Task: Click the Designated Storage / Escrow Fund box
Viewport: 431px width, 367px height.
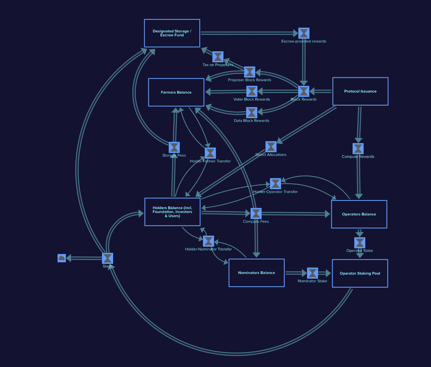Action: click(x=172, y=33)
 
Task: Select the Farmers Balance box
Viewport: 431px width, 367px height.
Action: click(x=176, y=92)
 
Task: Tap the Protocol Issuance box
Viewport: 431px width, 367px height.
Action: click(x=360, y=91)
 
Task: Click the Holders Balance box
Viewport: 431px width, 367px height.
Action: click(x=172, y=212)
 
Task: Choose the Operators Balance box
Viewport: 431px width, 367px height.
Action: click(x=359, y=214)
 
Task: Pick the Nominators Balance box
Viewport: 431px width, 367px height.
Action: click(x=256, y=272)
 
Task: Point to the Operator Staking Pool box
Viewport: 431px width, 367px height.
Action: click(x=360, y=273)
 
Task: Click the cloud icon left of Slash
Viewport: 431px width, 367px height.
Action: click(x=62, y=258)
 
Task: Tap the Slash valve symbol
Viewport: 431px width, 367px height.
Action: click(x=107, y=258)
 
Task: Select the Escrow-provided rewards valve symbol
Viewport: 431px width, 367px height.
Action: click(x=304, y=33)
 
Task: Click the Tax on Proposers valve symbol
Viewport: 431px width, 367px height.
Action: click(x=218, y=57)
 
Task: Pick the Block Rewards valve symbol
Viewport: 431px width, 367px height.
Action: click(x=304, y=91)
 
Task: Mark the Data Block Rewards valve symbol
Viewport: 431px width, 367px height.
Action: click(x=251, y=112)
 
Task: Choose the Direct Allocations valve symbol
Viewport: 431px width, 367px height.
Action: click(x=271, y=147)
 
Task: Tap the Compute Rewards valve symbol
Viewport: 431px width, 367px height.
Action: click(x=358, y=149)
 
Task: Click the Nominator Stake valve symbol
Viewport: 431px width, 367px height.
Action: click(x=312, y=273)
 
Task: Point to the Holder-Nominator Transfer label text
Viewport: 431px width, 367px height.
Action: click(x=208, y=249)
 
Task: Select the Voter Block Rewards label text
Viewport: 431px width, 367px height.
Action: click(x=252, y=99)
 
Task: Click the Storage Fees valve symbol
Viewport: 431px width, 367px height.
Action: click(x=174, y=147)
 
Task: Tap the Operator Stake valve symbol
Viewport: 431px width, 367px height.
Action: click(x=360, y=243)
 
